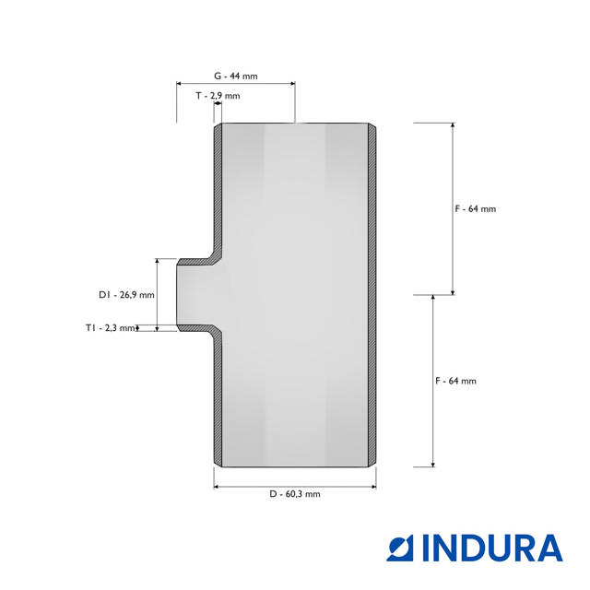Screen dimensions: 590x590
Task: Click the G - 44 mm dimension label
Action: coord(236,76)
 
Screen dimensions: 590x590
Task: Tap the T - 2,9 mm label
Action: coord(218,96)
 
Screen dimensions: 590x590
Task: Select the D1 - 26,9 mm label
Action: coord(126,295)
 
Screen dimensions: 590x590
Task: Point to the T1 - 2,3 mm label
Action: coord(110,328)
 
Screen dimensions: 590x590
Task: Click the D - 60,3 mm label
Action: coord(295,494)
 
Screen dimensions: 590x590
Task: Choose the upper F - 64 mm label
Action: coord(476,208)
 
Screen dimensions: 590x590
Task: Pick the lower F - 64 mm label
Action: coord(456,381)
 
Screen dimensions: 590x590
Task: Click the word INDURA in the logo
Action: coord(492,549)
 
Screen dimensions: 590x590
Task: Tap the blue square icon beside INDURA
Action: coord(400,549)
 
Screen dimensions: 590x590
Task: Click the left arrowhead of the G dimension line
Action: coord(179,84)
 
